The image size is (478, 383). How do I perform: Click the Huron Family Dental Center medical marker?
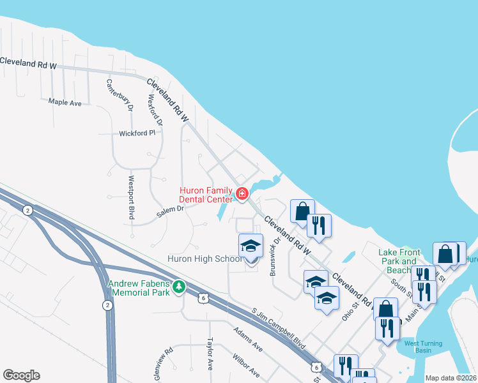pyautogui.click(x=242, y=193)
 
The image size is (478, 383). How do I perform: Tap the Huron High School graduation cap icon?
pyautogui.click(x=251, y=246)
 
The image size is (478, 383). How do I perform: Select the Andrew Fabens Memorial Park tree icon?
pyautogui.click(x=180, y=289)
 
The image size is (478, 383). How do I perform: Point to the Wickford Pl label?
pyautogui.click(x=137, y=133)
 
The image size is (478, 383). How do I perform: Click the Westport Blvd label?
pyautogui.click(x=132, y=198)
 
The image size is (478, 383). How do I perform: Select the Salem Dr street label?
pyautogui.click(x=172, y=209)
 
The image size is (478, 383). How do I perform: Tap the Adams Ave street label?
pyautogui.click(x=248, y=340)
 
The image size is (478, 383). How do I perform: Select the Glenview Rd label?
pyautogui.click(x=169, y=361)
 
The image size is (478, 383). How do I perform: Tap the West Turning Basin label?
pyautogui.click(x=422, y=348)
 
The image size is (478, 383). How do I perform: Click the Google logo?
pyautogui.click(x=21, y=375)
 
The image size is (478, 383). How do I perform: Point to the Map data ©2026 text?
pyautogui.click(x=451, y=378)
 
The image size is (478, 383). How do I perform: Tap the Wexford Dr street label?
pyautogui.click(x=155, y=109)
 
